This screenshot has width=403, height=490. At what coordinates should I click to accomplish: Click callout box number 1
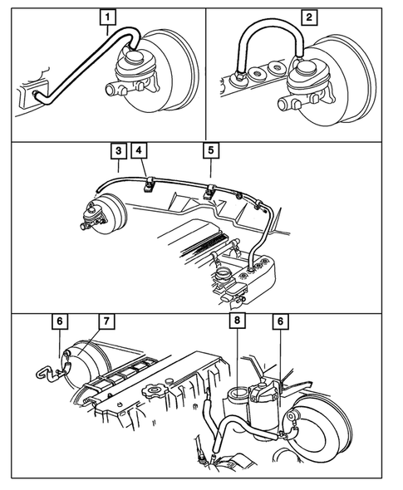click(107, 17)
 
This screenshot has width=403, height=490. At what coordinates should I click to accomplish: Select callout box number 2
click(309, 17)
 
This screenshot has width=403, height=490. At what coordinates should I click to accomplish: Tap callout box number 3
click(119, 151)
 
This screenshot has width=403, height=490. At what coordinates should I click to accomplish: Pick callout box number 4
click(139, 150)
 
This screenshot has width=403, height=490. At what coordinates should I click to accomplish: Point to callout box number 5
click(211, 150)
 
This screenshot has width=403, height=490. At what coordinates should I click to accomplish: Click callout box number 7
click(106, 321)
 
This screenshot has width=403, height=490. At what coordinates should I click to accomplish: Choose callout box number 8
click(238, 321)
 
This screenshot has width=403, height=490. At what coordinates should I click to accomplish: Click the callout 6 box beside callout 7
click(60, 321)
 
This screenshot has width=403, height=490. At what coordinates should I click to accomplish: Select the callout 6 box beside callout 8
click(280, 321)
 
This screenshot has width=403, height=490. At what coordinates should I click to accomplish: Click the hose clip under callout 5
click(209, 192)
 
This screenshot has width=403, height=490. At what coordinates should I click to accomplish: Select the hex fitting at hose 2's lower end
click(240, 76)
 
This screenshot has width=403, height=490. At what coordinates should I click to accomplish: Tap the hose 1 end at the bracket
click(36, 93)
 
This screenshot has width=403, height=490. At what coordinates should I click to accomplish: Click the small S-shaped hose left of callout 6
click(49, 373)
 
